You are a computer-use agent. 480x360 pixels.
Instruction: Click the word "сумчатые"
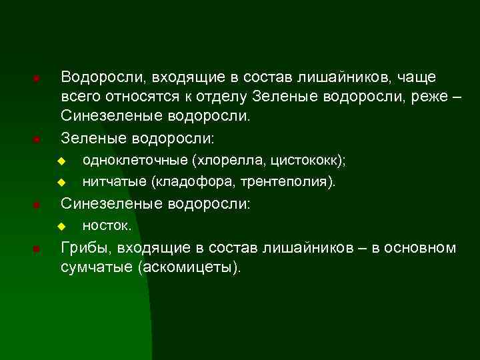(95, 267)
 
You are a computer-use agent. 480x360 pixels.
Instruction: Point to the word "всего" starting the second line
(78, 97)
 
